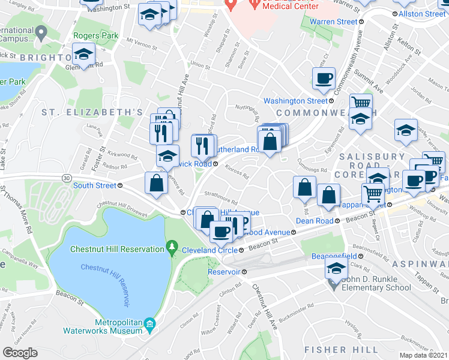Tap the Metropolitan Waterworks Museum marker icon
149,325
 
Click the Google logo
20,353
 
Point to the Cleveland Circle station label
206,249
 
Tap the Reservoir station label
223,271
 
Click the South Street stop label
94,185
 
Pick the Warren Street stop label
333,22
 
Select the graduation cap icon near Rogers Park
84,54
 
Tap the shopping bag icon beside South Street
156,183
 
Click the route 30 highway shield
64,178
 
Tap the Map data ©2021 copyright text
424,355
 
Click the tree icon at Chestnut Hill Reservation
172,247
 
